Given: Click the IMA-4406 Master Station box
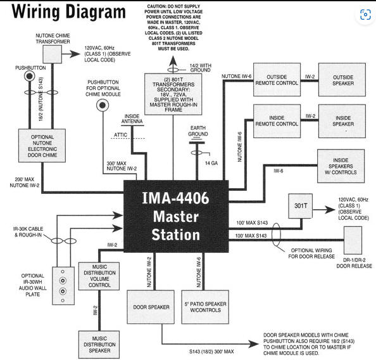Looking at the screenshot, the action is tap(176, 216).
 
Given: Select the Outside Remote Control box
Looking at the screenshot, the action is tap(277, 80).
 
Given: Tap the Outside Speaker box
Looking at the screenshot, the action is tap(342, 80).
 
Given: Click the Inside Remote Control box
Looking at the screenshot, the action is tap(277, 121).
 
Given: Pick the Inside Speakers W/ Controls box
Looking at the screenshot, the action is tap(341, 166).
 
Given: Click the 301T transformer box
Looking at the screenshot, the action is tap(301, 206).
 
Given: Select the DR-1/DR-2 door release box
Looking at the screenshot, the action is tap(353, 240).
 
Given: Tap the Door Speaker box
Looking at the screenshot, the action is tap(151, 307).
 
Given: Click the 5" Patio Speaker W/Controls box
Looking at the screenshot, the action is tap(205, 307).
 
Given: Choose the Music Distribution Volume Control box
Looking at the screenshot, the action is tap(99, 276).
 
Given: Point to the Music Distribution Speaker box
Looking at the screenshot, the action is tap(99, 345).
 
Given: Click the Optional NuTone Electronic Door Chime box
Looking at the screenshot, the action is tap(42, 146).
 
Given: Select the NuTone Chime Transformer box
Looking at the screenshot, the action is tap(53, 55).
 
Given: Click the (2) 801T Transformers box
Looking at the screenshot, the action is tap(173, 94).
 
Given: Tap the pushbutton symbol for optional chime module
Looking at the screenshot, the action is tap(103, 105).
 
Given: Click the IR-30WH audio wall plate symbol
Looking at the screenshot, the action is tap(63, 286).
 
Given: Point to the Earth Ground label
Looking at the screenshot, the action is tap(198, 131).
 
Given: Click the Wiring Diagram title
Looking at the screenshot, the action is tap(68, 11).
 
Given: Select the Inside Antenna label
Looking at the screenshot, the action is tap(132, 119).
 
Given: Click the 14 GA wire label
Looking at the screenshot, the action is tap(211, 164).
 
